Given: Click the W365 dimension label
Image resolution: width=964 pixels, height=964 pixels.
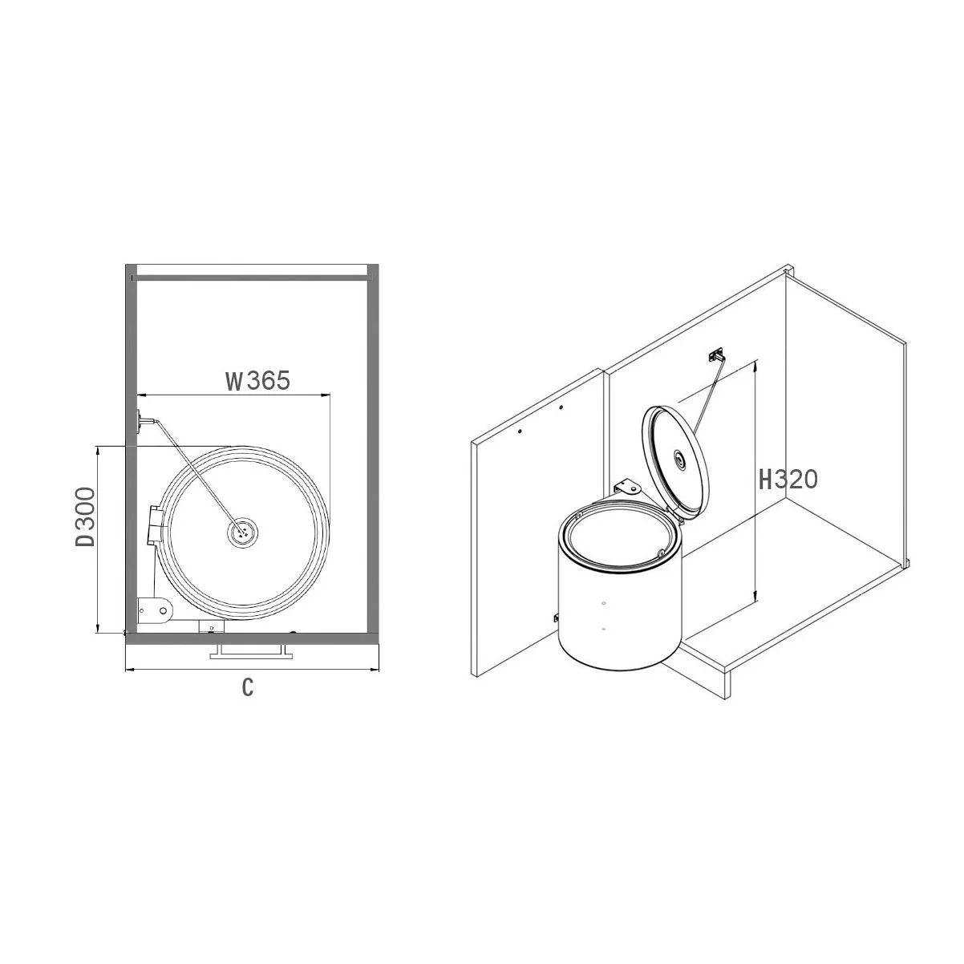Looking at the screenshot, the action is [257, 381].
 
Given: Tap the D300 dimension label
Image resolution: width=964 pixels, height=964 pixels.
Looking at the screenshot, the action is [85, 516].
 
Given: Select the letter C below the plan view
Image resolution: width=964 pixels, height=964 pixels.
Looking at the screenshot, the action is [248, 687].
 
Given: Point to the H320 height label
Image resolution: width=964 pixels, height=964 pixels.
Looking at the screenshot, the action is [788, 480].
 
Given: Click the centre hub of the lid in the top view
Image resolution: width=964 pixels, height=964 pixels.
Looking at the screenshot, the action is [243, 531].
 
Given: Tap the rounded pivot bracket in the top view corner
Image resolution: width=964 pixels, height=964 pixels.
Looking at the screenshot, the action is [156, 610].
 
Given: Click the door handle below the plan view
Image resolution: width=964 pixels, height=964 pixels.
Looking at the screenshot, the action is [248, 652].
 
